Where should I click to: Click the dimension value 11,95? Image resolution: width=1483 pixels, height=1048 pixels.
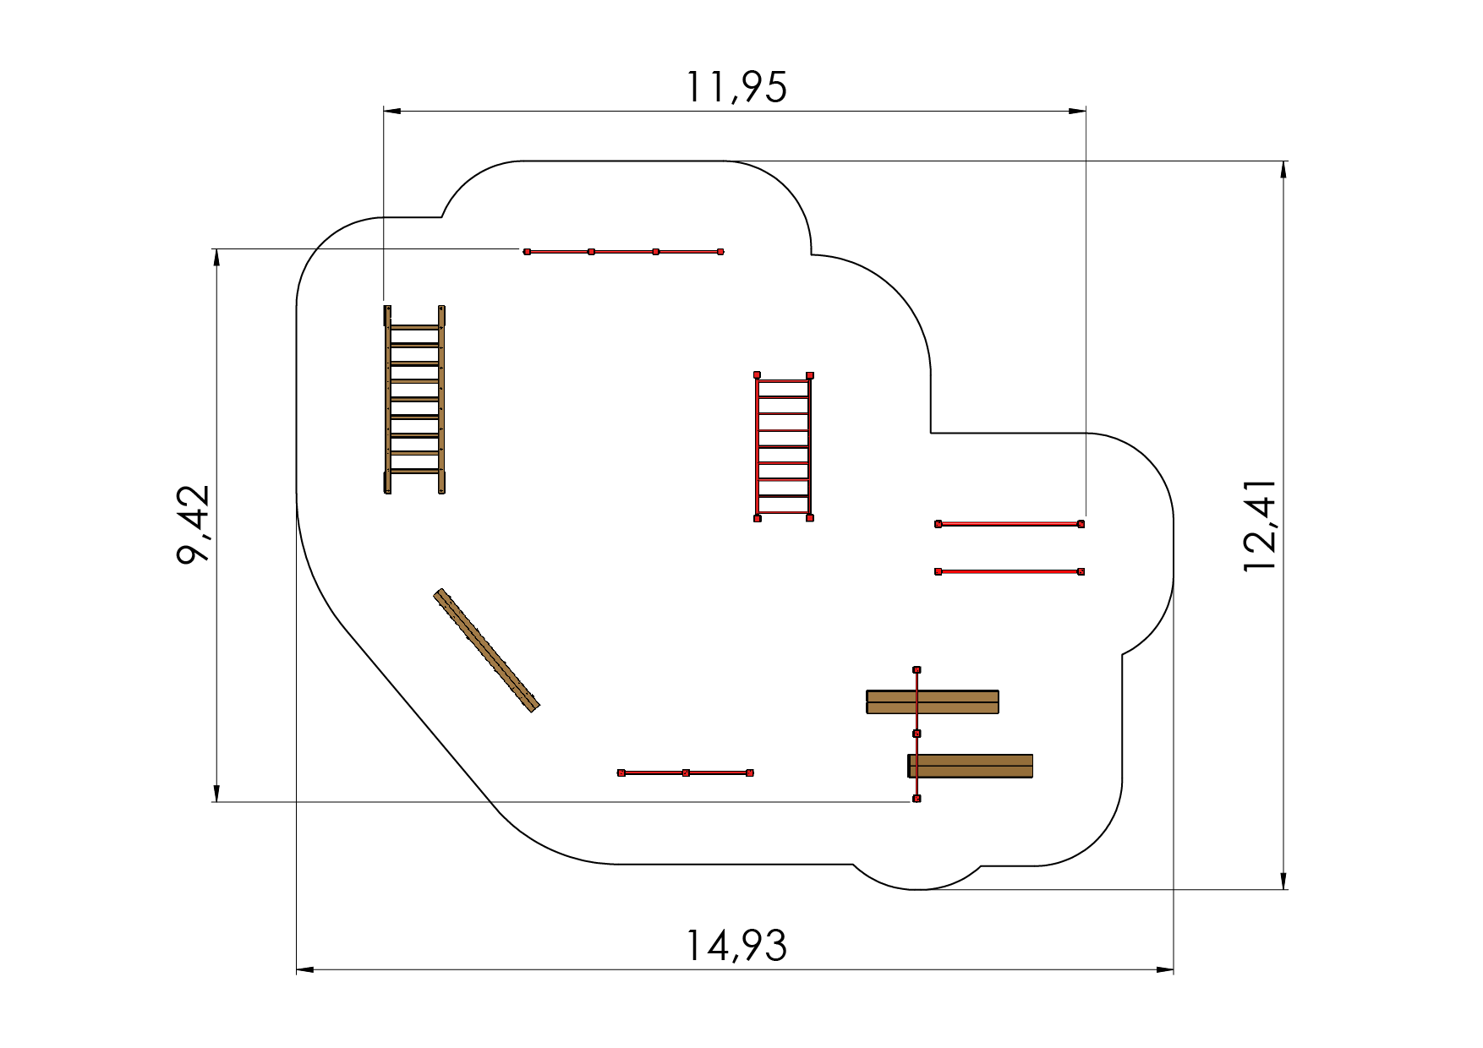tap(736, 86)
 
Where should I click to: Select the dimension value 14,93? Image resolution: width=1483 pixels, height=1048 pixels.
tap(736, 946)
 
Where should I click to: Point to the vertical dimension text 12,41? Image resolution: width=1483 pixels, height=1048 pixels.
tap(1259, 526)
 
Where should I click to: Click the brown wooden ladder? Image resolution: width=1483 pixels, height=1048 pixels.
tap(414, 399)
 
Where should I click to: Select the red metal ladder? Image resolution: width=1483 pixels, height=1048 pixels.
tap(783, 446)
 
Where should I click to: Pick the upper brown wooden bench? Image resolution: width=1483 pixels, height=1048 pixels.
tap(933, 701)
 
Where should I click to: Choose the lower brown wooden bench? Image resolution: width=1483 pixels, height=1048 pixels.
tap(971, 766)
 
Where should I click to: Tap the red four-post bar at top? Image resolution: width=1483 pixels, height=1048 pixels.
tap(623, 252)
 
